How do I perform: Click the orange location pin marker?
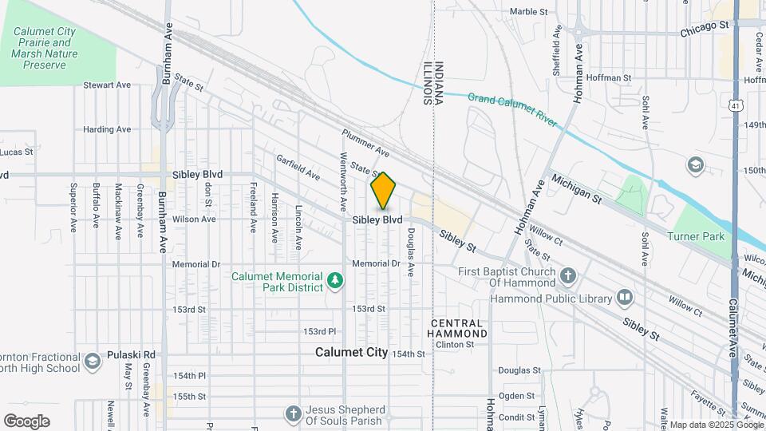[x=383, y=191]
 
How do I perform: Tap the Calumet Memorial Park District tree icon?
[x=336, y=280]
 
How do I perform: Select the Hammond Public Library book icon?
[x=625, y=298]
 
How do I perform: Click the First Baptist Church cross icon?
[x=567, y=276]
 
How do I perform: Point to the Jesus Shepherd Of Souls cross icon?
[x=293, y=413]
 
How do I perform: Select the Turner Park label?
[x=697, y=236]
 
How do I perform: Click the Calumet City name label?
[x=351, y=352]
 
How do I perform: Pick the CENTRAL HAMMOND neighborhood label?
[x=457, y=327]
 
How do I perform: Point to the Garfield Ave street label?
[x=298, y=167]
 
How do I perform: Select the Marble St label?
[x=528, y=12]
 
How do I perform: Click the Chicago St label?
[x=705, y=26]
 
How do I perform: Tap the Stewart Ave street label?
[x=107, y=85]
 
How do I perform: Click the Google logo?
[x=26, y=421]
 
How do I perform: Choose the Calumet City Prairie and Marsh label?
[x=44, y=48]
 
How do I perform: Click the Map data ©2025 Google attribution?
[x=715, y=425]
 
